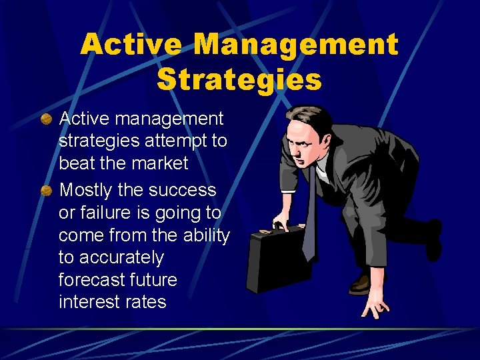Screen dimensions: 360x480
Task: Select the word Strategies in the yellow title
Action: point(239,79)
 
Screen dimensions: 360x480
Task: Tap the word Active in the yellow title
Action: point(131,45)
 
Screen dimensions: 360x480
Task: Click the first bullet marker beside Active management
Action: point(46,119)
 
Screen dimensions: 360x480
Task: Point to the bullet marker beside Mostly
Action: point(46,191)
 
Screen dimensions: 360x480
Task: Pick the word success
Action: point(183,191)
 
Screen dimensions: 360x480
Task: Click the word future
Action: point(154,279)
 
